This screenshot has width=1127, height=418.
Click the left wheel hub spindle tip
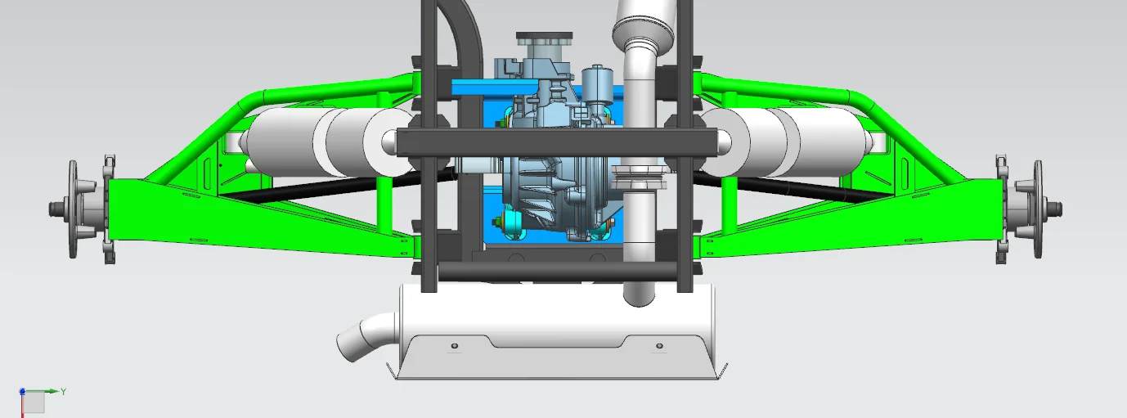(x=51, y=209)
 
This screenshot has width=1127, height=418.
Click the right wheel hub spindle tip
(x=1060, y=209)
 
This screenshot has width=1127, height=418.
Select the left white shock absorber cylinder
(x=327, y=142)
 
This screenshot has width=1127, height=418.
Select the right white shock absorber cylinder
(x=788, y=142)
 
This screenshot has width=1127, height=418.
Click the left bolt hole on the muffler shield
(x=455, y=346)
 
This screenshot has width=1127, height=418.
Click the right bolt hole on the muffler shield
(x=659, y=346)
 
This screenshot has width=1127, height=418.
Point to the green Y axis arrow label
(x=64, y=391)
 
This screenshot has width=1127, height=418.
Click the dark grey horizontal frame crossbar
(x=556, y=142)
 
